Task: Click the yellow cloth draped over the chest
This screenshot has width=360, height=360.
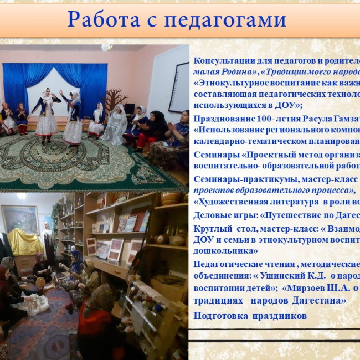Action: click(25, 241)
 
